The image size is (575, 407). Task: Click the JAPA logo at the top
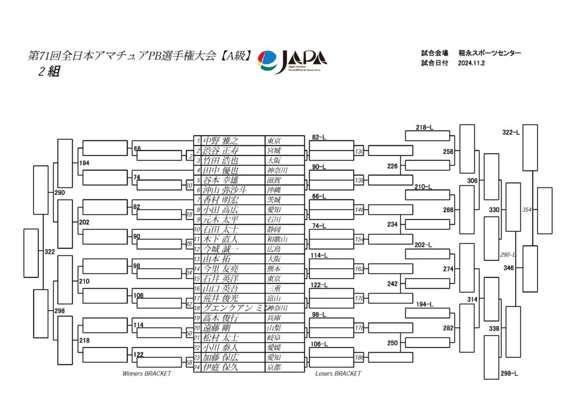[291, 61]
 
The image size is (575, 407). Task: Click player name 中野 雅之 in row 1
[221, 140]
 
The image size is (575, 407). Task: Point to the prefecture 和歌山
[276, 239]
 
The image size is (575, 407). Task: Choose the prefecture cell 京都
[274, 367]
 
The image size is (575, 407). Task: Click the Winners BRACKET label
[147, 373]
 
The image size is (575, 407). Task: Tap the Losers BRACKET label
[338, 373]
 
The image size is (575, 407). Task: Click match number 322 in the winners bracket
[50, 252]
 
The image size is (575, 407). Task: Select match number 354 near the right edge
[527, 209]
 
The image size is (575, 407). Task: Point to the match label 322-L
[510, 132]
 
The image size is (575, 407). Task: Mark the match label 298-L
[509, 373]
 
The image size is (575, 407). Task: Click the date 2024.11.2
[471, 63]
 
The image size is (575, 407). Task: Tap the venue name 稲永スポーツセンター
[489, 53]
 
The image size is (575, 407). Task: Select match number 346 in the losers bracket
[509, 268]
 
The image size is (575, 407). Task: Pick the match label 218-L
[424, 128]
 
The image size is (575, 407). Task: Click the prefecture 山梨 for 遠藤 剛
[274, 328]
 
